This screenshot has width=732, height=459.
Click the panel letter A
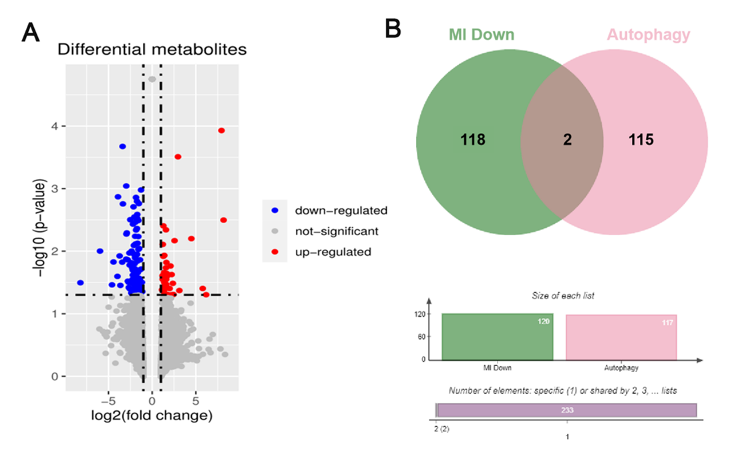tap(31, 33)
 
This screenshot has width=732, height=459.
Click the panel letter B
tap(393, 29)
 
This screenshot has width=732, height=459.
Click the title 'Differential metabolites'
tap(152, 49)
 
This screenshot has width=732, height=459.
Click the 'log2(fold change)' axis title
tap(152, 415)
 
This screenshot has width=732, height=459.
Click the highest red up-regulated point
tap(222, 131)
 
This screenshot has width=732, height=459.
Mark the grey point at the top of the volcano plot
tap(152, 80)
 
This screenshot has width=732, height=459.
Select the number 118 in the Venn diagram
tap(473, 140)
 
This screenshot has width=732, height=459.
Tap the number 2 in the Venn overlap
tap(567, 140)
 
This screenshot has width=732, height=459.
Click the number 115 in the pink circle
tap(641, 140)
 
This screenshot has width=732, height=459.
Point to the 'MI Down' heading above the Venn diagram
tap(482, 35)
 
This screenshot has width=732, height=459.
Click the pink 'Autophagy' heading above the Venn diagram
tap(649, 35)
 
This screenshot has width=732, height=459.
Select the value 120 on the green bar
tap(544, 321)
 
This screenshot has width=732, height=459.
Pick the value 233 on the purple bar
tap(567, 410)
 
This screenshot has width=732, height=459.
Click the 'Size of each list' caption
tap(563, 295)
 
